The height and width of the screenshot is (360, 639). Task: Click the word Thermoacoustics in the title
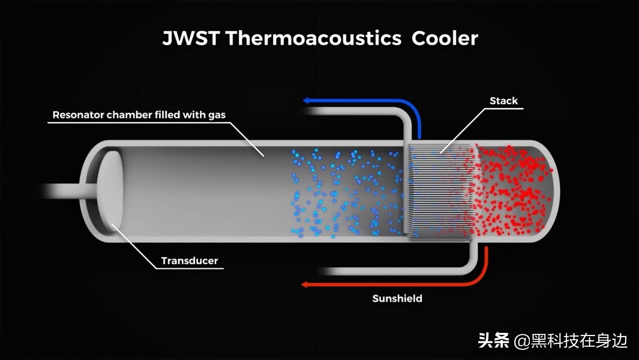click(x=313, y=39)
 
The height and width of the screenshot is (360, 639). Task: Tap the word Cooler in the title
click(x=445, y=39)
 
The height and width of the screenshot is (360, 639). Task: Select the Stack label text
click(x=503, y=101)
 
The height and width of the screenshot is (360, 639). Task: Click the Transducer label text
click(x=190, y=261)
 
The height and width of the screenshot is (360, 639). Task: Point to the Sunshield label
click(x=397, y=298)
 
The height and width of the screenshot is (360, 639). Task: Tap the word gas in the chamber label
click(x=214, y=115)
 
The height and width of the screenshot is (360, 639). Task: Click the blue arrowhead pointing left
click(x=308, y=100)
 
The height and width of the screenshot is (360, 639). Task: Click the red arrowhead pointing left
click(x=306, y=284)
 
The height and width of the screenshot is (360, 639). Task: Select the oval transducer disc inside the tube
click(x=111, y=190)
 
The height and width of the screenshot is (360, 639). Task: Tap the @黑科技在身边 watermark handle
click(x=570, y=340)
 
